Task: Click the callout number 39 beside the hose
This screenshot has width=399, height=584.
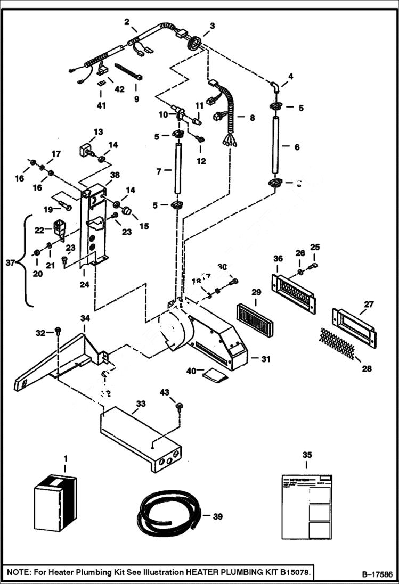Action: tap(217, 516)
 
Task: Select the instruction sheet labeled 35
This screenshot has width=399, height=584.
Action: tap(306, 506)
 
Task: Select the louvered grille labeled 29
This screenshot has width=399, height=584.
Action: tap(255, 321)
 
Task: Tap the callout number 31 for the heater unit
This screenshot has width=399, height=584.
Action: tap(265, 359)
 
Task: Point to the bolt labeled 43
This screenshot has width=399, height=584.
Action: tap(180, 407)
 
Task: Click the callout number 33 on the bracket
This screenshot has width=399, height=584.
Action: tap(140, 404)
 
